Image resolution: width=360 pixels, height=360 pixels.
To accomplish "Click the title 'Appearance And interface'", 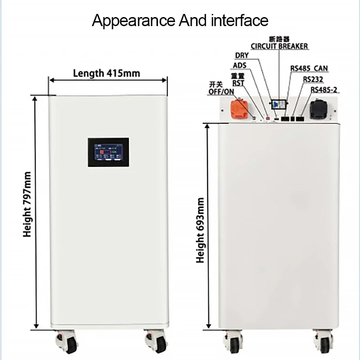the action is pos(180,20).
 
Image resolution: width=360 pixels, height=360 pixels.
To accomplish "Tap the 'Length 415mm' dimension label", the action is pos(106,73).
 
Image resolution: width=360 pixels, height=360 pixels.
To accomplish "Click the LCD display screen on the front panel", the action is pos(108,153).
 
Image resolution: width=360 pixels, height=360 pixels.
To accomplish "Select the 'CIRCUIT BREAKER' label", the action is pos(279,46).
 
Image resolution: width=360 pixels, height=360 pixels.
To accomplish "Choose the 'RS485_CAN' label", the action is pos(309,69).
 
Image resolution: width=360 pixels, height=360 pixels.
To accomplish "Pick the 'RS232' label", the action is pos(313,79).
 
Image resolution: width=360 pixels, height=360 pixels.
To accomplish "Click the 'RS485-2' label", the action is pos(324,90).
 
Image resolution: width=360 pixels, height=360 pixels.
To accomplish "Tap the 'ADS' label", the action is pos(240,66).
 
